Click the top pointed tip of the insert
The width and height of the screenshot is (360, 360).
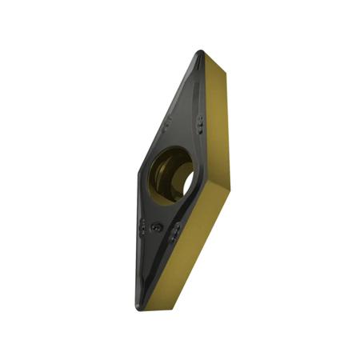[200, 53]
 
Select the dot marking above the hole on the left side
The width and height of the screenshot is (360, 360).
[167, 124]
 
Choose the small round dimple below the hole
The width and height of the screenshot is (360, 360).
[158, 228]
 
